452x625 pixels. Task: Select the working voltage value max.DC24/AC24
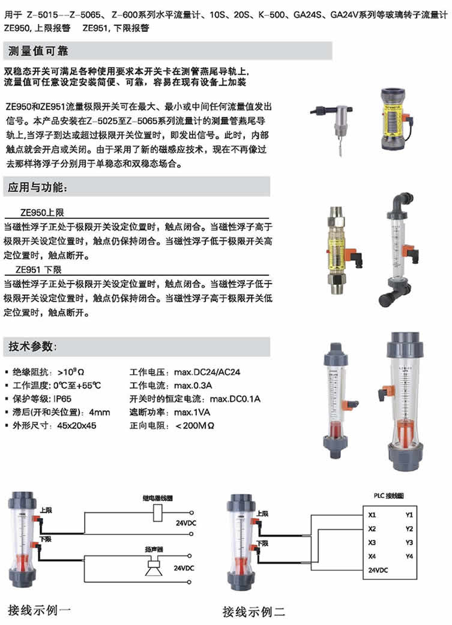pyautogui.click(x=208, y=372)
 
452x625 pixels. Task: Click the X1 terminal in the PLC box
pyautogui.click(x=372, y=515)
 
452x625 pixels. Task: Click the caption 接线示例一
pyautogui.click(x=40, y=610)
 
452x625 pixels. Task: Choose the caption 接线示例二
pyautogui.click(x=253, y=611)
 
